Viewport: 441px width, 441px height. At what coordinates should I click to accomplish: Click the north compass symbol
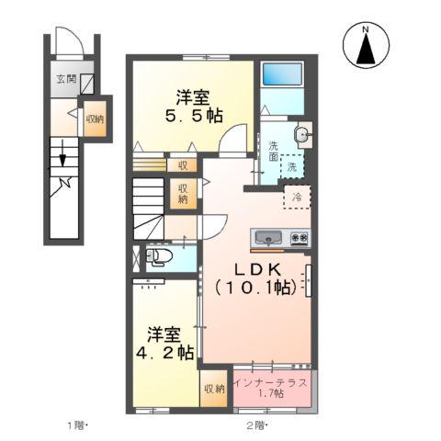[366, 46]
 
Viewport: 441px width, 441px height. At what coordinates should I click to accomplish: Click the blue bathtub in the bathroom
[283, 75]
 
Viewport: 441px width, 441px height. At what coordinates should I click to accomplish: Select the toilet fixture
[157, 257]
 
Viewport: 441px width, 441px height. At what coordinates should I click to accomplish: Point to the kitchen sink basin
[267, 238]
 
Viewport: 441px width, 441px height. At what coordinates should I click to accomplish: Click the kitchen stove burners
[299, 238]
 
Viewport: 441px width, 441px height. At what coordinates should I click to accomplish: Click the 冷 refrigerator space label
[297, 196]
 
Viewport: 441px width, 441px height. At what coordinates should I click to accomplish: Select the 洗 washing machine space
[291, 167]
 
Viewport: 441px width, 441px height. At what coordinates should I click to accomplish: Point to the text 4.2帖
[168, 351]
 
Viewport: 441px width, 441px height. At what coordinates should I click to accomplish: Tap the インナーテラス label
[270, 380]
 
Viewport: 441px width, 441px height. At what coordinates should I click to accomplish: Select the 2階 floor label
[256, 424]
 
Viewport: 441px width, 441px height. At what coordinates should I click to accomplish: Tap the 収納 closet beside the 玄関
[95, 119]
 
